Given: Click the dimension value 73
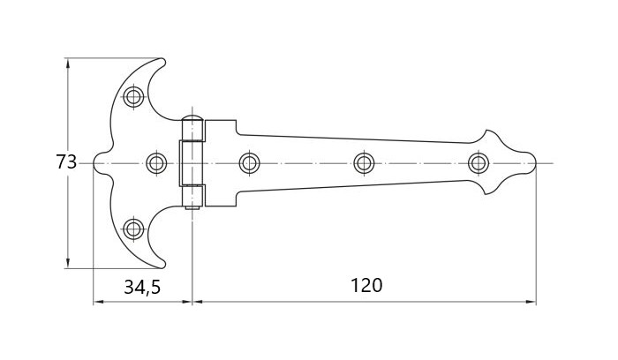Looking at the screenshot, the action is pyautogui.click(x=66, y=161).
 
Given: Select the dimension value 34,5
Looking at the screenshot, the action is pyautogui.click(x=142, y=287).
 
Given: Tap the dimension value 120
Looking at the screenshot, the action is pyautogui.click(x=366, y=286).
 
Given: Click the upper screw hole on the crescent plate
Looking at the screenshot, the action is pyautogui.click(x=133, y=96).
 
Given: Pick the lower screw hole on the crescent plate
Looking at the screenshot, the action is pyautogui.click(x=133, y=229).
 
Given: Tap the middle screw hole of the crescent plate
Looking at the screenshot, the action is pyautogui.click(x=156, y=162).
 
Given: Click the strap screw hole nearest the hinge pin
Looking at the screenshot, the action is pyautogui.click(x=250, y=162).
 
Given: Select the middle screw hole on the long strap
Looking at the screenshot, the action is pyautogui.click(x=364, y=162).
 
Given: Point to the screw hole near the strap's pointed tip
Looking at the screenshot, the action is pyautogui.click(x=479, y=162).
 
